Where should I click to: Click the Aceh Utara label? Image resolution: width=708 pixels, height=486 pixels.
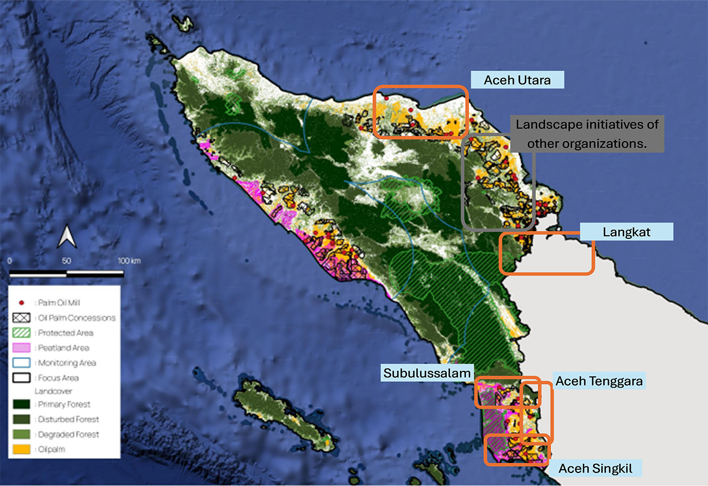(x=518, y=80)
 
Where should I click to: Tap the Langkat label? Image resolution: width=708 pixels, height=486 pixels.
(x=626, y=232)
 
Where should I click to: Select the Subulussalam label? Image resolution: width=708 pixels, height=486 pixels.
(x=428, y=373)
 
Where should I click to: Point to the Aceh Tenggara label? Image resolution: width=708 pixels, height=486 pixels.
(x=598, y=381)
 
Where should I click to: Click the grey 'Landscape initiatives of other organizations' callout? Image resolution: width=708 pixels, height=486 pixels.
(x=588, y=134)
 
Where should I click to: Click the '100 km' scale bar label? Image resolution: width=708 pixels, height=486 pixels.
(x=130, y=261)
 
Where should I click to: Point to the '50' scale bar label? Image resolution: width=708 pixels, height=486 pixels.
(x=66, y=261)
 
